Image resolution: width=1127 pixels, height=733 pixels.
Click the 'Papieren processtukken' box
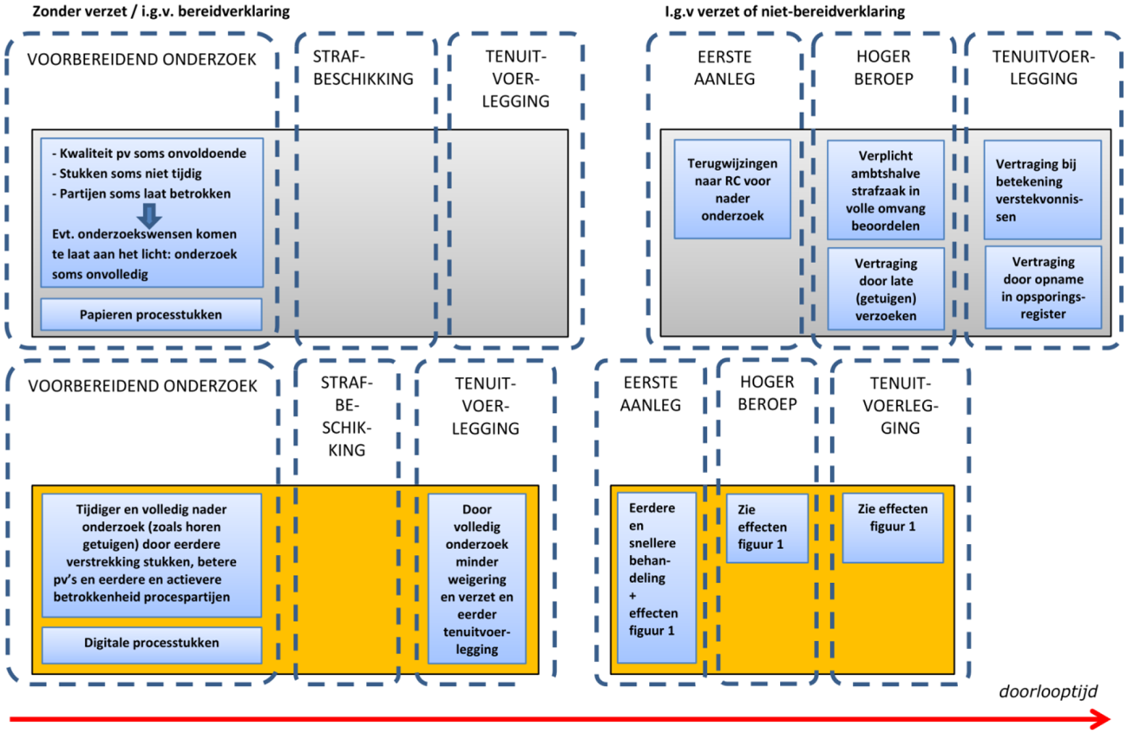click(151, 315)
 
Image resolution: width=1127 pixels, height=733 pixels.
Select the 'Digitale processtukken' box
click(151, 644)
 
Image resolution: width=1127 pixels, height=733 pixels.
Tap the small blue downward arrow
click(151, 214)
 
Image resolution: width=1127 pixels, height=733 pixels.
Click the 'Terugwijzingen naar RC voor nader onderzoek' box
click(732, 188)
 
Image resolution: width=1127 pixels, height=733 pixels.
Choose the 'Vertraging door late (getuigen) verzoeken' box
click(884, 289)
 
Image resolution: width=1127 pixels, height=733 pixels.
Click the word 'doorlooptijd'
click(1049, 691)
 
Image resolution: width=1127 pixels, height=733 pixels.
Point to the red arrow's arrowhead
click(1101, 718)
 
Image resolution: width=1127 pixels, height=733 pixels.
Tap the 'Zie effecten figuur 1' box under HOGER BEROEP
click(767, 528)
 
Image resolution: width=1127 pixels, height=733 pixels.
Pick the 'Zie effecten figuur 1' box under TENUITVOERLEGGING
click(892, 528)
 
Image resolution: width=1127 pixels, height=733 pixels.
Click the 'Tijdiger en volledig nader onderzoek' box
click(151, 555)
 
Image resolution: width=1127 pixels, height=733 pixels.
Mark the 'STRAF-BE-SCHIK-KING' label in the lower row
click(346, 416)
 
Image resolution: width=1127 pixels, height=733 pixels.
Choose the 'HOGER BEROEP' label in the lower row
click(768, 392)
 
